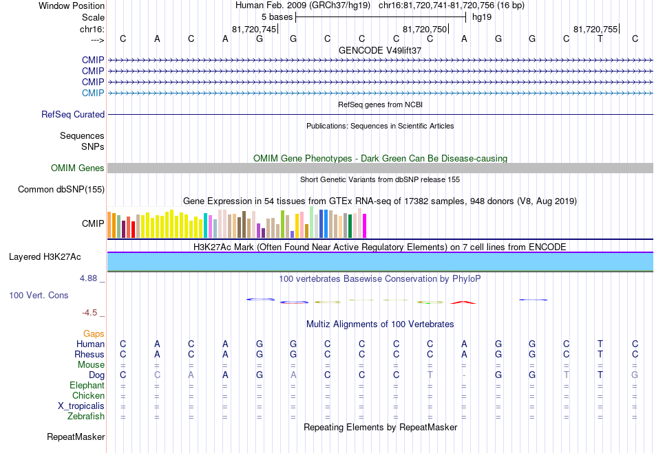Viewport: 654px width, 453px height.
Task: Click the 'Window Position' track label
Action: coord(72,5)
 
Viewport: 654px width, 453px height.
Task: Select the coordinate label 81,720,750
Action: coord(425,29)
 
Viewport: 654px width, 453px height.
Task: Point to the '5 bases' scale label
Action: coord(277,17)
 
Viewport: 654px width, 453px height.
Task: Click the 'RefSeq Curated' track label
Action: coord(73,115)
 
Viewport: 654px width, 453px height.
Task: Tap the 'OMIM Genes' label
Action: coord(78,168)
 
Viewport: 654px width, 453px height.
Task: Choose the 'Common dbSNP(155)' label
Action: coord(61,190)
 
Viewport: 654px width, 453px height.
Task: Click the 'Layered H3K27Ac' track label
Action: coord(45,257)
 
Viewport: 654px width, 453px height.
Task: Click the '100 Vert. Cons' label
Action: coord(39,295)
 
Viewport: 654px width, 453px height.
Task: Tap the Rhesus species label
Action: coord(89,354)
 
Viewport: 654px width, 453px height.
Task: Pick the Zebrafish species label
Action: coord(86,416)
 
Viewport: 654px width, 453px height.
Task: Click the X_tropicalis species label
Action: coord(81,406)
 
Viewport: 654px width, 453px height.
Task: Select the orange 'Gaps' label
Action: coord(94,334)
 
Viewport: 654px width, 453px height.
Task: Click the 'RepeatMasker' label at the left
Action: coord(76,437)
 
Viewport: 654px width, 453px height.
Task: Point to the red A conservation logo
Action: coord(463,302)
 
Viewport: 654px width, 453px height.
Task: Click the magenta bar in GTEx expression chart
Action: coord(365,225)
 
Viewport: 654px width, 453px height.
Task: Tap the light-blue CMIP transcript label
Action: coord(93,93)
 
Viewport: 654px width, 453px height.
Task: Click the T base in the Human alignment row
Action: coord(600,344)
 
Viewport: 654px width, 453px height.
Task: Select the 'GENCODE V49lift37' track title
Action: coord(380,50)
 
